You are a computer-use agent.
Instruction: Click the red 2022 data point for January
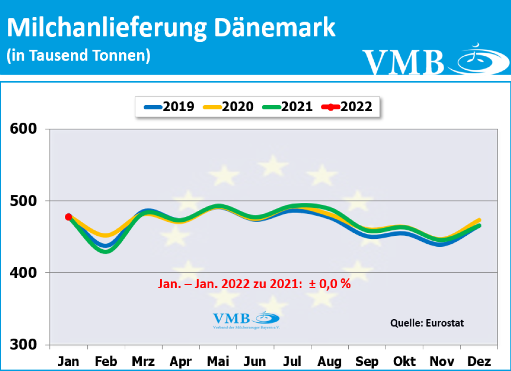[x=68, y=217]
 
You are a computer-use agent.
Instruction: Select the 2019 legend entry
[x=169, y=106]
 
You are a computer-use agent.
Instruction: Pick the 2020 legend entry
[x=228, y=106]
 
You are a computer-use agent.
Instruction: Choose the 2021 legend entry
[x=287, y=106]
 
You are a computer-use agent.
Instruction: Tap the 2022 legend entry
[x=347, y=106]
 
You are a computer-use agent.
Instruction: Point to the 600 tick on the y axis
[x=23, y=129]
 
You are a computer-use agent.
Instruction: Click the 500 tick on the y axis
[x=23, y=201]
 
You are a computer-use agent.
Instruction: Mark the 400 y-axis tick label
[x=23, y=273]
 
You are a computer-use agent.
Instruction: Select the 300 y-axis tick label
[x=23, y=345]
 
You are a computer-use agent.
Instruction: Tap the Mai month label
[x=218, y=361]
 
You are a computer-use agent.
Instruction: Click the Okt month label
[x=405, y=361]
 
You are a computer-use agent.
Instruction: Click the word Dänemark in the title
[x=275, y=28]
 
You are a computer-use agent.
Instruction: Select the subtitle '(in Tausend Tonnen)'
[x=78, y=55]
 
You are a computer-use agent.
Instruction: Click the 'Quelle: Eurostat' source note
[x=427, y=323]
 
